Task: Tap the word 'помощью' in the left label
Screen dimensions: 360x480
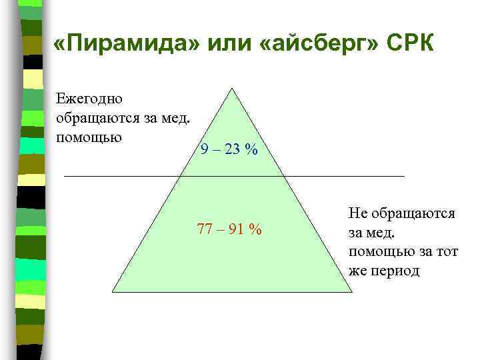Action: (89, 137)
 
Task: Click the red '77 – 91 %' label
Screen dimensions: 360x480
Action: (229, 230)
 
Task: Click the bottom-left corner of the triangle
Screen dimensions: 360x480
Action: (112, 293)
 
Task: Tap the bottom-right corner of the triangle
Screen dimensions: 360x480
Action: (351, 293)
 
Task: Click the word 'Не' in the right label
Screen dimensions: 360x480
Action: (357, 213)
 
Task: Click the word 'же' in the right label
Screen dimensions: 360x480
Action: (357, 271)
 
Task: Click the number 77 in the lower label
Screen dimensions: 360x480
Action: (205, 230)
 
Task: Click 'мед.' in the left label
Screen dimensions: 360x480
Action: (177, 118)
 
